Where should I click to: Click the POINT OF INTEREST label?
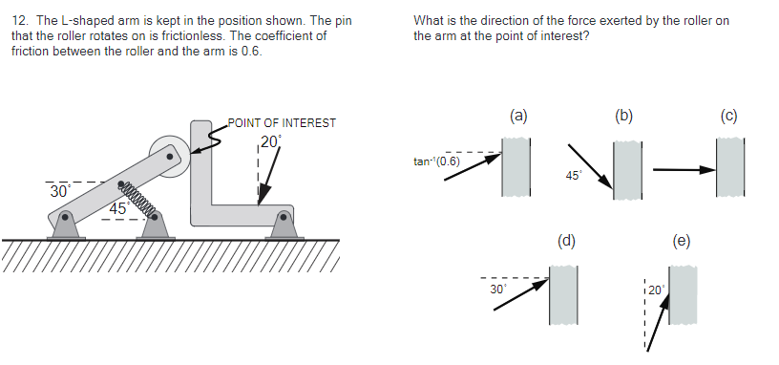coord(282,123)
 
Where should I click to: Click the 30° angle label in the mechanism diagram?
coord(59,191)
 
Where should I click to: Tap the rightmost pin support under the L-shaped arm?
coord(284,225)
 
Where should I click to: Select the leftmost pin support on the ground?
coord(64,225)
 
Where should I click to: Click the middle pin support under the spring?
coord(155,225)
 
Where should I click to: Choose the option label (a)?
coord(518,117)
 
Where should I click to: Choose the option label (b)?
coord(624,117)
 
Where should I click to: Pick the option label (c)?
coord(729,117)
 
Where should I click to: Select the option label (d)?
coord(566,241)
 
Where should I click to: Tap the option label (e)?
coord(681,241)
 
